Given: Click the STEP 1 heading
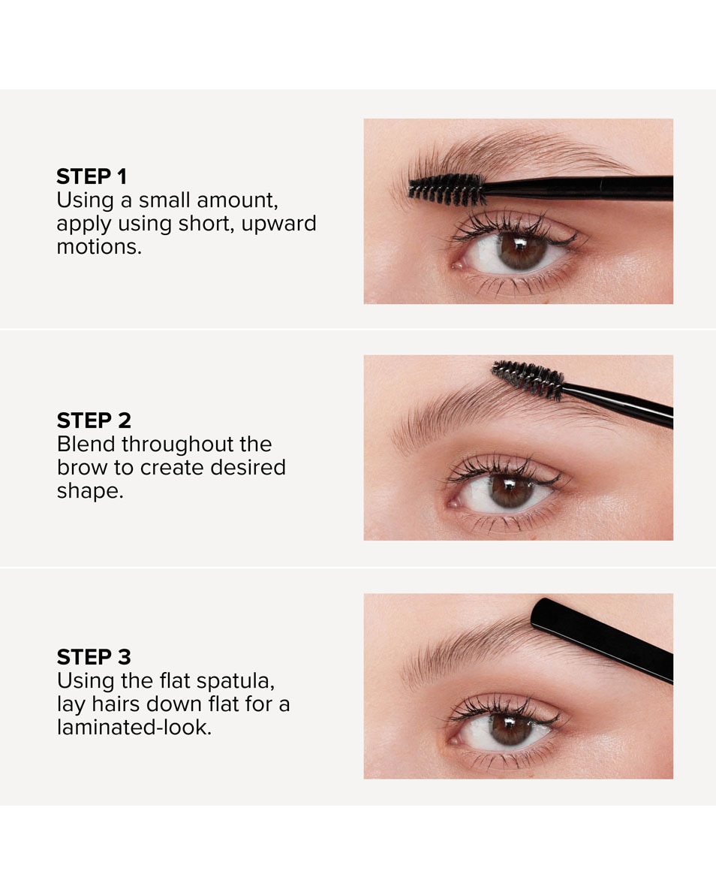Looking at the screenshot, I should coord(92,177).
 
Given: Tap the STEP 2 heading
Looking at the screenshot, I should coord(94,420).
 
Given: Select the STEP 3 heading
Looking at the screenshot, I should coord(94,658).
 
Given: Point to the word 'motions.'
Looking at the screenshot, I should coord(98,247).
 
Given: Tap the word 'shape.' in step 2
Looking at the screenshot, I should coord(89,491).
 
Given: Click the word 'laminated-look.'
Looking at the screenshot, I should coord(134,728).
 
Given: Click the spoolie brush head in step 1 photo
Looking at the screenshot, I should coord(447,190).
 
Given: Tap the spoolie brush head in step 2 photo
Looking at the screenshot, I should coord(528,379).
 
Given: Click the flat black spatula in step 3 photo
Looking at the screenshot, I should coord(600,637).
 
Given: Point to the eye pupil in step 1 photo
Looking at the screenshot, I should coord(522,251).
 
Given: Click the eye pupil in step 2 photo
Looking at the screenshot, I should coord(513,492).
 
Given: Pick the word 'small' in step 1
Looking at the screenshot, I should coord(164,200).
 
